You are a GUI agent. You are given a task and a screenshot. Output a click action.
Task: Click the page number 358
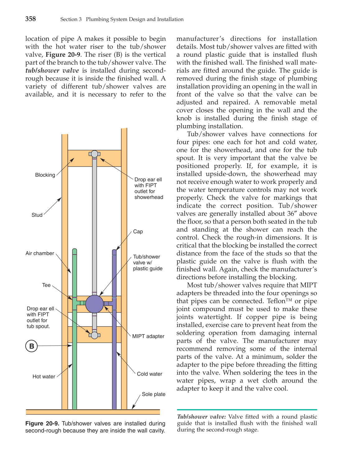[x=31, y=19]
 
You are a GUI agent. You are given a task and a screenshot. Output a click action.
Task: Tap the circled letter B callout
[x=31, y=346]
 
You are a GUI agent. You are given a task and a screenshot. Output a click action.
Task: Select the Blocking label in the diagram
[x=45, y=175]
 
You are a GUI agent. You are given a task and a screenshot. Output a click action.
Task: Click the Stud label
[x=37, y=215]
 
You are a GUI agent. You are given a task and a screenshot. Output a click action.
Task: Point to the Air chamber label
[x=40, y=253]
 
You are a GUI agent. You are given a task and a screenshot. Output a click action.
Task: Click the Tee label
[x=46, y=285]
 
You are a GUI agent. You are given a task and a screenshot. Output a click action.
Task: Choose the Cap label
[x=138, y=232]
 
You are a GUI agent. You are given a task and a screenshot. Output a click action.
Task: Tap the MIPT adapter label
[x=148, y=336]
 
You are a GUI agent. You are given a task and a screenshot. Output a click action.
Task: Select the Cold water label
[x=149, y=374]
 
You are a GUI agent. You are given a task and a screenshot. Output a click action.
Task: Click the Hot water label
[x=44, y=377]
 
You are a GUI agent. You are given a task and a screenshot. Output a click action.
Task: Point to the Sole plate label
[x=154, y=394]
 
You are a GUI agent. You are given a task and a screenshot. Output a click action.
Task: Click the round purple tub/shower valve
[x=94, y=304]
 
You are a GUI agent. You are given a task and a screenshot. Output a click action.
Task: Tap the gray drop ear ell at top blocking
[x=94, y=154]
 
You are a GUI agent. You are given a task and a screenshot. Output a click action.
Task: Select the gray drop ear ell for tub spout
[x=94, y=335]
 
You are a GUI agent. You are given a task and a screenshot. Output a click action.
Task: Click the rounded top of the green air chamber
[x=74, y=251]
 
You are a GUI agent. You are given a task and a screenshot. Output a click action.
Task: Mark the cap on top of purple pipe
[x=114, y=252]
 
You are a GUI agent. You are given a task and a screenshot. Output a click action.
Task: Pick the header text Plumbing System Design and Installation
[x=135, y=19]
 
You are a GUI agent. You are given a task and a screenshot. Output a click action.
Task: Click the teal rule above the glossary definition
[x=247, y=410]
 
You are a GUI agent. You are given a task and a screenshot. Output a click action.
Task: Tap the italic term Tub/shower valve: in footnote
[x=201, y=417]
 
